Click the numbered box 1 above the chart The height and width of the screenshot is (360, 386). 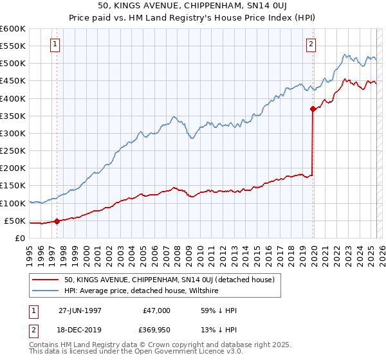click(x=55, y=44)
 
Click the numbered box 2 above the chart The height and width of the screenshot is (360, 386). click(x=311, y=44)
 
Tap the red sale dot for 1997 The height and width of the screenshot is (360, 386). click(x=57, y=221)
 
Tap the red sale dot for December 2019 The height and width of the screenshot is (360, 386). click(x=313, y=109)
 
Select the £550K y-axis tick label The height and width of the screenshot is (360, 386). click(x=13, y=46)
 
